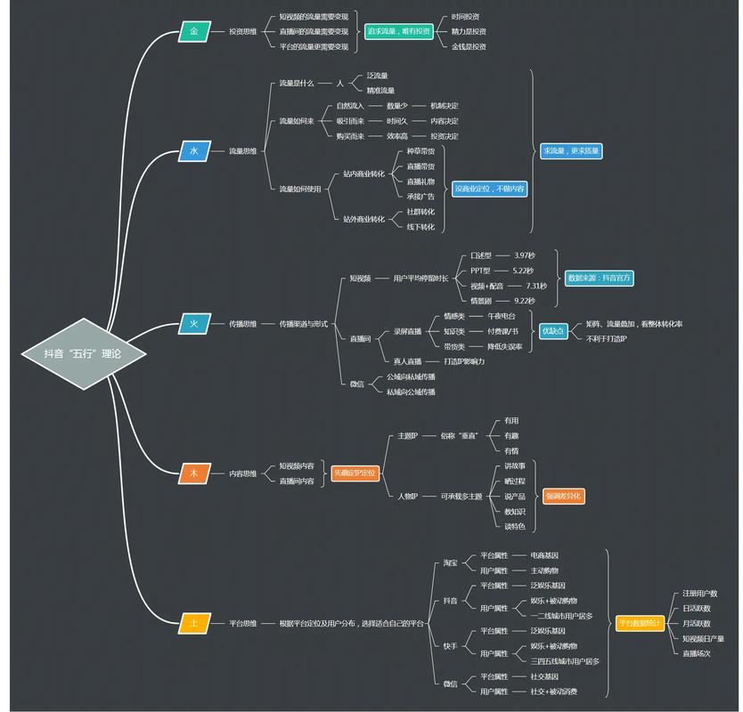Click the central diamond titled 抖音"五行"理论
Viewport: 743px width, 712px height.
click(x=83, y=353)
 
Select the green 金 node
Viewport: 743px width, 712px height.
click(x=193, y=31)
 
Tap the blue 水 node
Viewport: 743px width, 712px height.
click(x=193, y=151)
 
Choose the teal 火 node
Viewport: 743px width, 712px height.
click(x=193, y=323)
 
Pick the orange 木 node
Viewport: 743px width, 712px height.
click(x=193, y=473)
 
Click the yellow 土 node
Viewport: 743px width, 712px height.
click(x=193, y=623)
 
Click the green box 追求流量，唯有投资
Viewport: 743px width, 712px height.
click(x=397, y=31)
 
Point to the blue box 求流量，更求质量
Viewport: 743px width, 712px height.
click(x=571, y=151)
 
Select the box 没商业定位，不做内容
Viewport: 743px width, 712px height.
click(x=489, y=189)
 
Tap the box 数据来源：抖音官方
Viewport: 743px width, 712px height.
click(x=600, y=278)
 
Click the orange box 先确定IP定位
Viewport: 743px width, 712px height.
click(x=355, y=473)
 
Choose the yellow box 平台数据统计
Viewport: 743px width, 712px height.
click(x=640, y=623)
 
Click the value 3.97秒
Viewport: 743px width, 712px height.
click(x=525, y=255)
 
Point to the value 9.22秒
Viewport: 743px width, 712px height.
click(x=525, y=301)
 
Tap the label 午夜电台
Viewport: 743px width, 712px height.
click(x=502, y=316)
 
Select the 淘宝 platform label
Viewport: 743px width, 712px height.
click(x=450, y=562)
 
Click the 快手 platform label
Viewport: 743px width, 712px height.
click(x=450, y=645)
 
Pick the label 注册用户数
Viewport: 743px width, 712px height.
click(x=699, y=594)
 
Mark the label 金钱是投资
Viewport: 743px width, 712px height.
click(x=469, y=46)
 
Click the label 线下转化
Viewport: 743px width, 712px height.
click(x=420, y=227)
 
